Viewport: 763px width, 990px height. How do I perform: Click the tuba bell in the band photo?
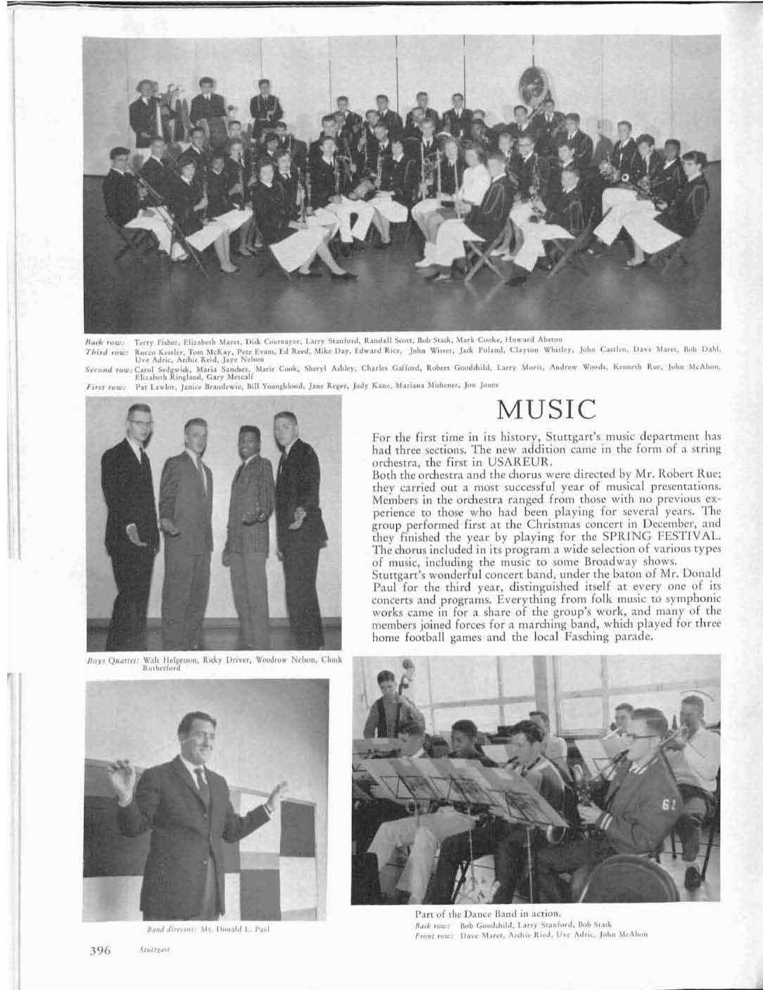click(528, 83)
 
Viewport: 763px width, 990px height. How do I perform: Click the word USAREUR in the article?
click(481, 464)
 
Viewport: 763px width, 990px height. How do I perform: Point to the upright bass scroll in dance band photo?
click(406, 666)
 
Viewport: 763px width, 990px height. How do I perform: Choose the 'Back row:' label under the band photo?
click(105, 338)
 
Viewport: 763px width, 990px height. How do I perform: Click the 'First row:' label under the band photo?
click(105, 386)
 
